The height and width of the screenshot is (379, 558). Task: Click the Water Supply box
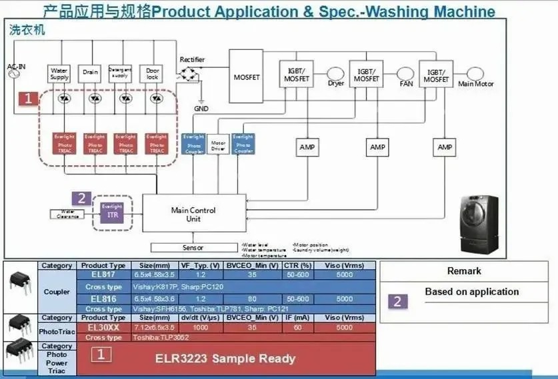coord(59,73)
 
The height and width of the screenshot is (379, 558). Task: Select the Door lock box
coord(153,73)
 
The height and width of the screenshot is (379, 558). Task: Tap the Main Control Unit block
coord(193,214)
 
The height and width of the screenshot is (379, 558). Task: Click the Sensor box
coord(193,248)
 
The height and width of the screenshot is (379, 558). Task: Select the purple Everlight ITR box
coord(112,212)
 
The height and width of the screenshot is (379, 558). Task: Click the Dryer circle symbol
coord(335,73)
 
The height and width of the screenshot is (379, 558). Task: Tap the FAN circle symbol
coord(406,73)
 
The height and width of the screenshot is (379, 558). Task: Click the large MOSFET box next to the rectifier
coord(247,77)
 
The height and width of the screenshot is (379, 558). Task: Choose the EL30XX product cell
coord(103,328)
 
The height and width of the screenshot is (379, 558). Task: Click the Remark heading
coord(464,271)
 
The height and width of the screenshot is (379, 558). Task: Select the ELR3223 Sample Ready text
coord(245,359)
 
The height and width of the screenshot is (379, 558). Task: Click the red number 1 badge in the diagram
coord(27,99)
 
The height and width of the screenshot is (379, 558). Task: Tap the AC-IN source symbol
coord(13,75)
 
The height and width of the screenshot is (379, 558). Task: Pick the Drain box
coord(90,73)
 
